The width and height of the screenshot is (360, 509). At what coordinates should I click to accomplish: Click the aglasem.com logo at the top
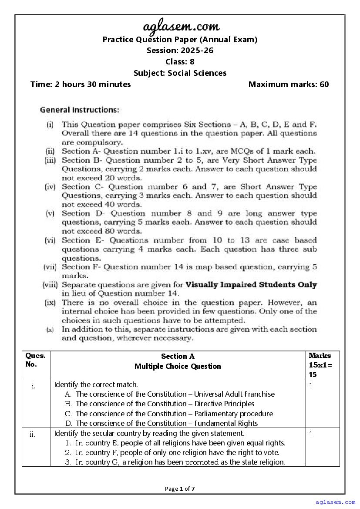pyautogui.click(x=180, y=27)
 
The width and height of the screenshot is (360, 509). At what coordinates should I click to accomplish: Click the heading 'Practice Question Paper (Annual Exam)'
pyautogui.click(x=180, y=40)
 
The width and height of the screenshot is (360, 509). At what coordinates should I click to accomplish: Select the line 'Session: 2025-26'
pyautogui.click(x=180, y=51)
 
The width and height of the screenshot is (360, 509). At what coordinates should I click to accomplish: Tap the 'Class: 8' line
pyautogui.click(x=180, y=62)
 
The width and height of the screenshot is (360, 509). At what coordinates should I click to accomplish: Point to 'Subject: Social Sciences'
pyautogui.click(x=180, y=73)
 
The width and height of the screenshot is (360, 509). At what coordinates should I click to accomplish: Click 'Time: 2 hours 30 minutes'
pyautogui.click(x=81, y=84)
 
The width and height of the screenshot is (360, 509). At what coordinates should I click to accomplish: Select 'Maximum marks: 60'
pyautogui.click(x=289, y=84)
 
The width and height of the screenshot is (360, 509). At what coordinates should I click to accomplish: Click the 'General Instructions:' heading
pyautogui.click(x=80, y=110)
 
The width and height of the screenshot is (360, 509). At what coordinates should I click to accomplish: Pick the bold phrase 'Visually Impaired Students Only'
pyautogui.click(x=251, y=285)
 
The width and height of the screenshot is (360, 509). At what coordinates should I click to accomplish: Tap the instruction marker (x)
pyautogui.click(x=50, y=330)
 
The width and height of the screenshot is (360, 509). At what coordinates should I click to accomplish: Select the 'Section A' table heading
pyautogui.click(x=178, y=357)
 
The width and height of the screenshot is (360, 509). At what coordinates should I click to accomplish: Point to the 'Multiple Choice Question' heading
pyautogui.click(x=178, y=366)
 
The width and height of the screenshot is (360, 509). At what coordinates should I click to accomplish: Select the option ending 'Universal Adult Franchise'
pyautogui.click(x=175, y=394)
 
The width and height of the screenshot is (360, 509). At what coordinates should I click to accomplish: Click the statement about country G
pyautogui.click(x=180, y=462)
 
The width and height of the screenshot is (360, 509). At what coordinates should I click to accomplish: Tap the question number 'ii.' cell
pyautogui.click(x=33, y=434)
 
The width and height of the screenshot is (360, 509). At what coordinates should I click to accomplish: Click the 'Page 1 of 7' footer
pyautogui.click(x=180, y=489)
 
